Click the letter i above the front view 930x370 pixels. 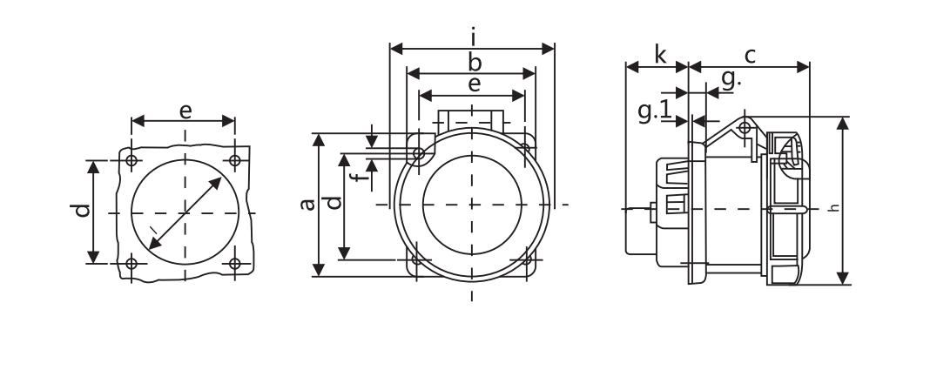tap(474, 37)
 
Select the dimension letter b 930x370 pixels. tap(475, 62)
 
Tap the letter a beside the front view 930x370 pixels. tap(307, 205)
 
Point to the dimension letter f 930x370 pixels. tap(357, 176)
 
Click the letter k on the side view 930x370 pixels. tap(660, 55)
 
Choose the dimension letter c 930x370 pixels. tap(751, 56)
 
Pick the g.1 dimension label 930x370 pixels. tap(655, 111)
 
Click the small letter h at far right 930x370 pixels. tap(834, 207)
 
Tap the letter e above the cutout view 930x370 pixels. tap(185, 111)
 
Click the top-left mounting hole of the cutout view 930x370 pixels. tap(131, 160)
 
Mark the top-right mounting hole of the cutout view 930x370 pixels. tap(235, 160)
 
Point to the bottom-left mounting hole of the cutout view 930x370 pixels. tap(131, 263)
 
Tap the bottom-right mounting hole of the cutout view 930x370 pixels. tap(235, 263)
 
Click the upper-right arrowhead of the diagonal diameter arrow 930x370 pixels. tap(216, 183)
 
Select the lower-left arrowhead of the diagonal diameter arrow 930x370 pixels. tap(154, 243)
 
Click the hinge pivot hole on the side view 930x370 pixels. tap(745, 127)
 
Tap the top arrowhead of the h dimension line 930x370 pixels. tap(843, 124)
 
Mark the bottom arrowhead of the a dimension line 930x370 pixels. tap(319, 270)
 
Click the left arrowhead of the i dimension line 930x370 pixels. tap(396, 49)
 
